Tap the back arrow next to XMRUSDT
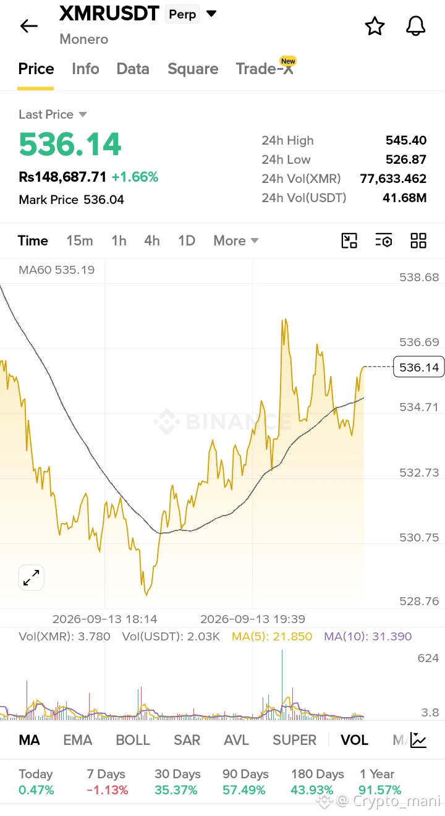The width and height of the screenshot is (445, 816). pos(29,26)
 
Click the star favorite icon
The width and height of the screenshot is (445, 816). pos(375,26)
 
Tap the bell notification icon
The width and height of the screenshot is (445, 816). pos(415,26)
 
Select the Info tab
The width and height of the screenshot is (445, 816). pos(85,69)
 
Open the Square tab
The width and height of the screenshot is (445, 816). pos(193,69)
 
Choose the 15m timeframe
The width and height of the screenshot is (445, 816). pos(79,240)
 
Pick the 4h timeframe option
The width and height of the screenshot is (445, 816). pos(152,240)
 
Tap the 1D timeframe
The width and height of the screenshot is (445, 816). pos(187,240)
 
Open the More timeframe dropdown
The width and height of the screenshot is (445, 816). pos(236,240)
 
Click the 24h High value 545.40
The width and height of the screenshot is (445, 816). pos(406,140)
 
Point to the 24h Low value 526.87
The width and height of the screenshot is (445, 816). pos(406,159)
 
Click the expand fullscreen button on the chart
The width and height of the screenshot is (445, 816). pos(32,578)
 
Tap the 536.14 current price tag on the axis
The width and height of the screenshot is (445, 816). pos(419,367)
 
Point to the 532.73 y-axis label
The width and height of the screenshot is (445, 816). pos(419,472)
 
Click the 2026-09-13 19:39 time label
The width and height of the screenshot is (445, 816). pos(253,619)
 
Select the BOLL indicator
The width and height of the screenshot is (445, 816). pos(133,740)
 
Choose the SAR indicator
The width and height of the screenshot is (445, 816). pos(187,740)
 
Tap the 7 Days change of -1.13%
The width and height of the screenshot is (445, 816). pos(108,790)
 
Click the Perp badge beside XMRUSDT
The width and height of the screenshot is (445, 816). pos(182,14)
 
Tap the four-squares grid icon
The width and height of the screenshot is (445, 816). pos(418,240)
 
